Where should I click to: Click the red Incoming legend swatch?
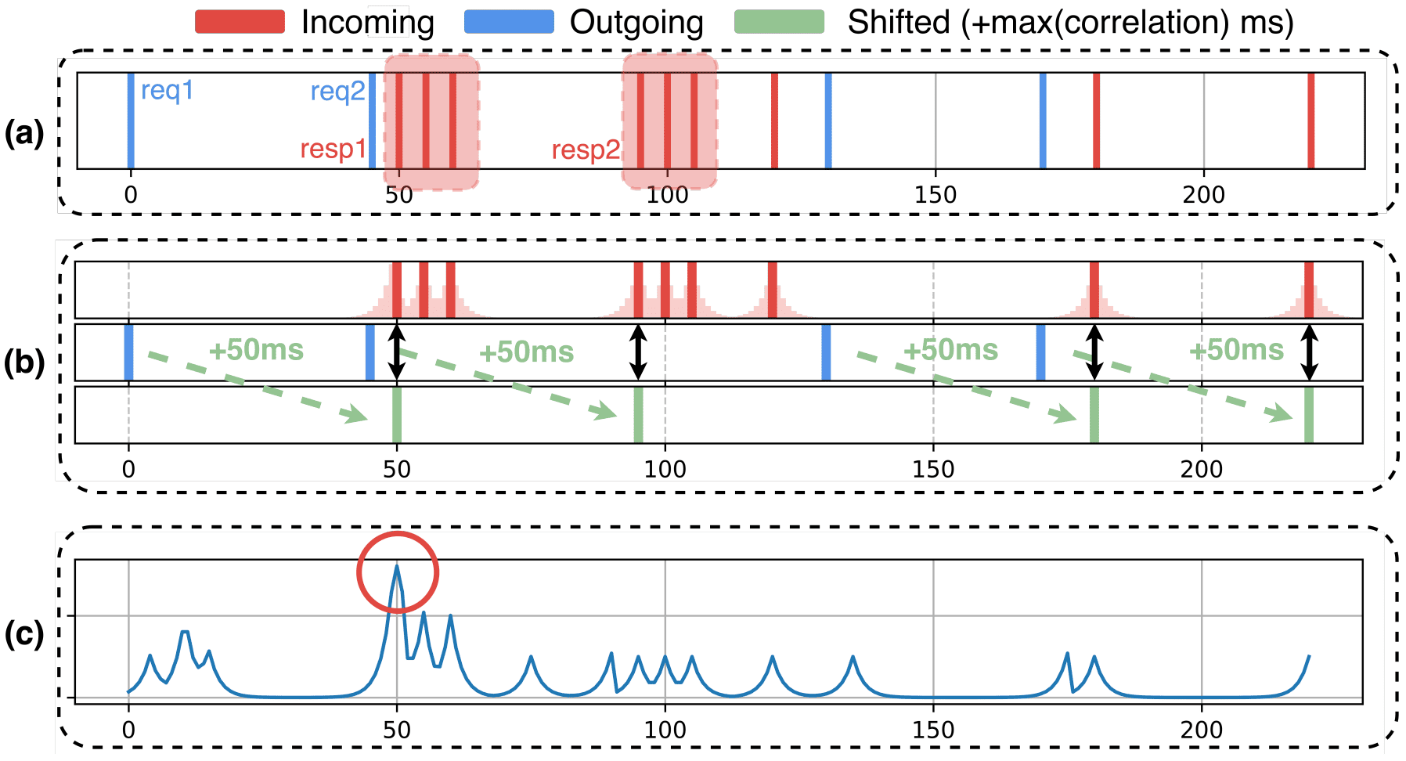[240, 22]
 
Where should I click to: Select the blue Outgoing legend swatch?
[508, 22]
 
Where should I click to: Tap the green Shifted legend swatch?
[779, 22]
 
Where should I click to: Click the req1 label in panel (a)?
[167, 91]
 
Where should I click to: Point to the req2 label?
[337, 92]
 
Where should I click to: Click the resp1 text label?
[333, 149]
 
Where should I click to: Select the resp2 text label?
[586, 150]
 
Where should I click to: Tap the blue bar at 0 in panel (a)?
[131, 121]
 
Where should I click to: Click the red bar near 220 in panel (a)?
[1310, 121]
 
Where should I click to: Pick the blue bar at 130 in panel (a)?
[828, 121]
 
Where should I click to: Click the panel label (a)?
[24, 134]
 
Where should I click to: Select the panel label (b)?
[24, 362]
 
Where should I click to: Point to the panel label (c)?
[24, 633]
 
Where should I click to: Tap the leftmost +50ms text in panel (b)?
[256, 350]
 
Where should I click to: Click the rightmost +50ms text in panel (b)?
[1236, 350]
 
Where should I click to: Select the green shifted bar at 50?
[397, 415]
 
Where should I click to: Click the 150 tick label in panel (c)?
[933, 730]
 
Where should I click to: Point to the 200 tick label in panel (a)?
[1203, 194]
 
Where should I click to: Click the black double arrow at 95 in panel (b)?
[639, 352]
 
